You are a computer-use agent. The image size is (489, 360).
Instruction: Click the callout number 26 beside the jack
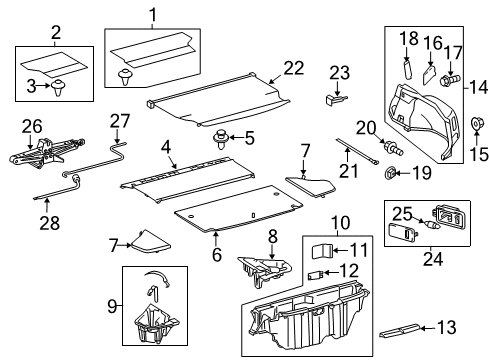coord(34,125)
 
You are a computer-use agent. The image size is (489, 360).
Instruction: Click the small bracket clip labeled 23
coord(337,98)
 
